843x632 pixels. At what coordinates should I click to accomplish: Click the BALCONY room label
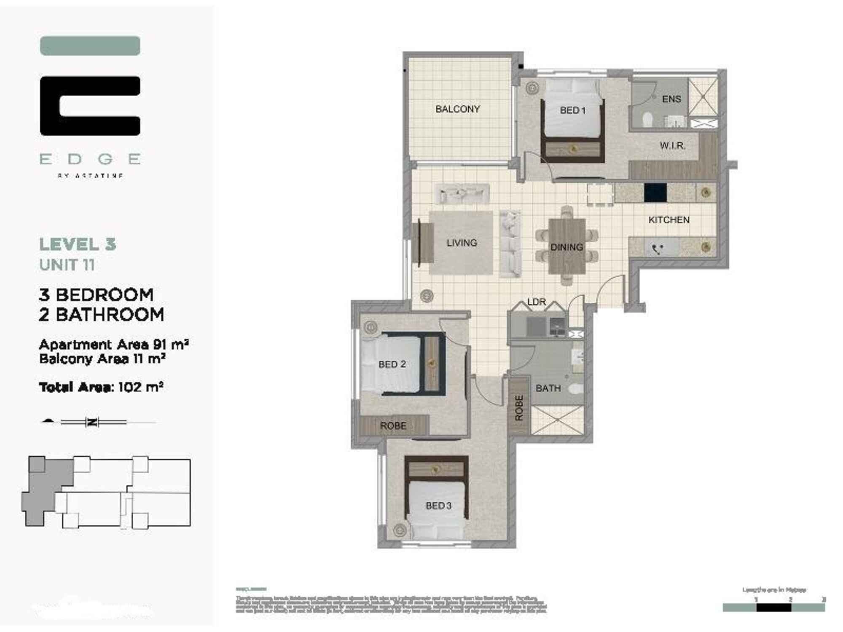click(457, 109)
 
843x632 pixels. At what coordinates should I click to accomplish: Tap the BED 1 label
click(572, 110)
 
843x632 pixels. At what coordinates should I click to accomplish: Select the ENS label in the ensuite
click(671, 99)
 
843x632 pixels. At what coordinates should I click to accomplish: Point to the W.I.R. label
click(672, 146)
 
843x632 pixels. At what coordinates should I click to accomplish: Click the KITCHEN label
click(668, 220)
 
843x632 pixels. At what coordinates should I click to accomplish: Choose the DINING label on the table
click(566, 247)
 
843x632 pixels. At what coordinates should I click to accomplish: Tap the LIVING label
click(462, 243)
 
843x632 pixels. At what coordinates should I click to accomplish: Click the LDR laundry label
click(536, 302)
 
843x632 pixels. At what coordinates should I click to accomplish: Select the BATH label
click(548, 388)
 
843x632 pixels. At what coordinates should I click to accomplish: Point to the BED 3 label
click(438, 506)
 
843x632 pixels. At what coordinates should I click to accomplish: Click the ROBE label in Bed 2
click(393, 426)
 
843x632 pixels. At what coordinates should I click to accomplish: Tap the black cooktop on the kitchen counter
click(655, 193)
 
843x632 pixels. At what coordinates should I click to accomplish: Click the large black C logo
click(90, 106)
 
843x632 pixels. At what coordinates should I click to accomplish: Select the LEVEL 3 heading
click(78, 244)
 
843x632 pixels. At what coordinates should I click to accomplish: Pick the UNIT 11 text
click(67, 265)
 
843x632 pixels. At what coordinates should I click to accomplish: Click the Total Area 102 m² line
click(101, 387)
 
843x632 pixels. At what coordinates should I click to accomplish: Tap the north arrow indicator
click(92, 422)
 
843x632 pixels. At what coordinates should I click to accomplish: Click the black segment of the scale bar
click(773, 608)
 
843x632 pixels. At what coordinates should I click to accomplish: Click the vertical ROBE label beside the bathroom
click(519, 407)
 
